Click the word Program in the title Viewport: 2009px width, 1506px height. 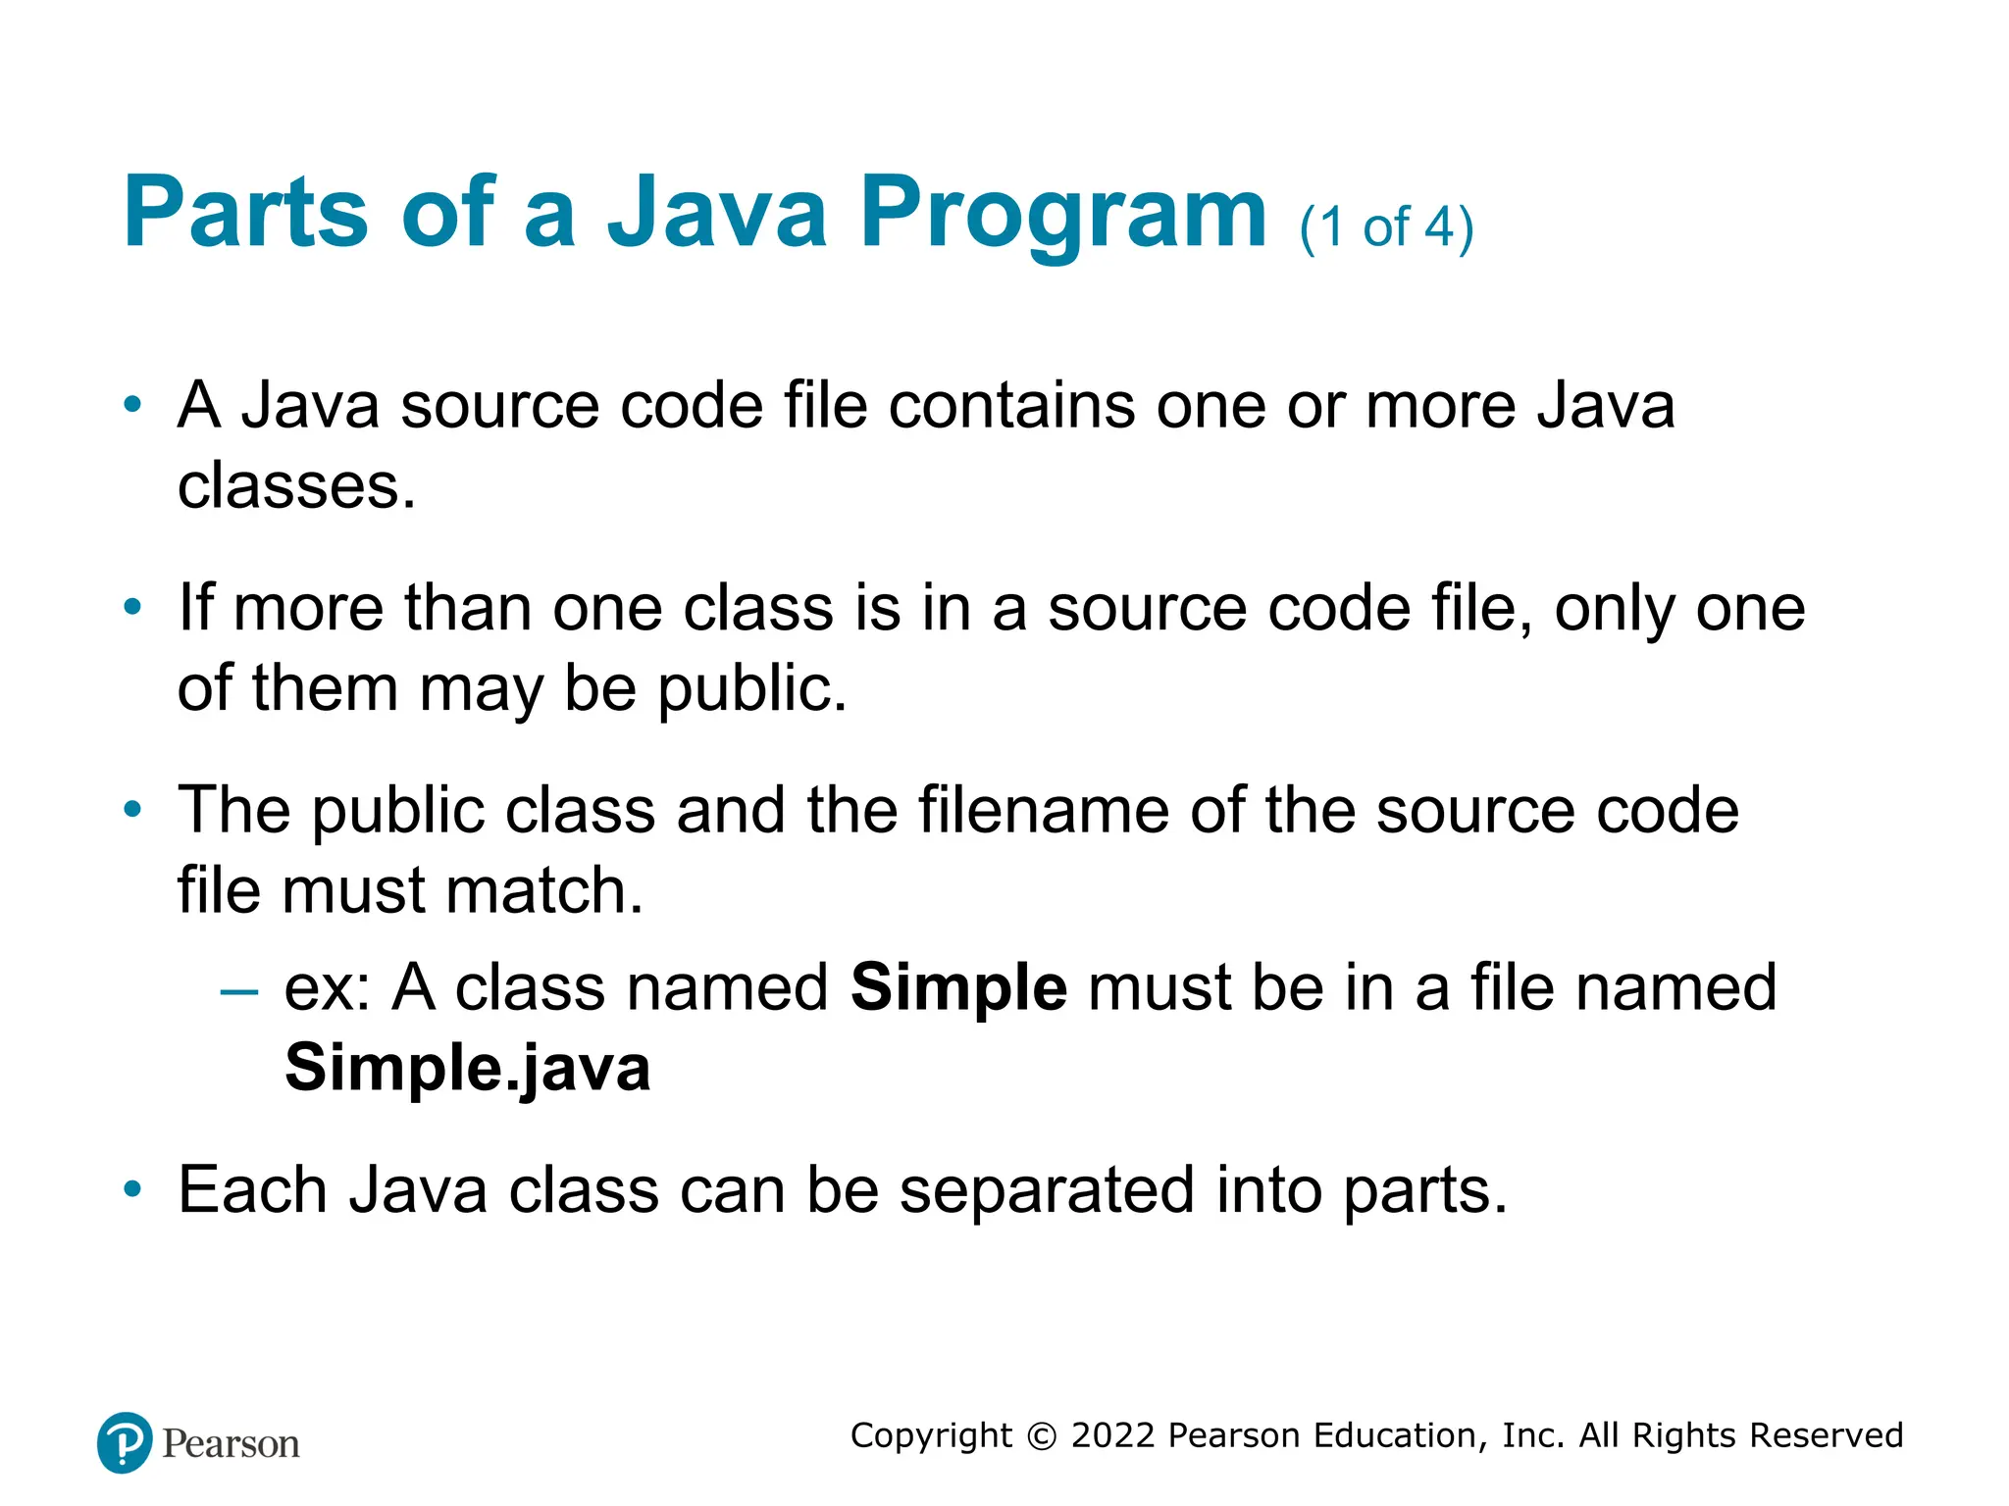point(1063,214)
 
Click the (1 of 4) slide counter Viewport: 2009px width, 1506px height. point(1386,227)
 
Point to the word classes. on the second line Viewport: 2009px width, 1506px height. point(296,486)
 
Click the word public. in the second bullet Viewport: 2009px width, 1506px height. point(751,688)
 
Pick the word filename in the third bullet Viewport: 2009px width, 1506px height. point(1043,811)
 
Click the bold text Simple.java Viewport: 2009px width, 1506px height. point(467,1068)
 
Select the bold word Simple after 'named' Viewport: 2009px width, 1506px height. point(958,987)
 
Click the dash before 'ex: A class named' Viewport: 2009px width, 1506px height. point(239,991)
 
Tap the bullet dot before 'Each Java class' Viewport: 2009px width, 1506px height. point(132,1190)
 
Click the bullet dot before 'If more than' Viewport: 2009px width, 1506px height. point(132,608)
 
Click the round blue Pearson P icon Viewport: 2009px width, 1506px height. point(125,1442)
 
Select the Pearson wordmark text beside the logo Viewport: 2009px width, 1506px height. point(231,1444)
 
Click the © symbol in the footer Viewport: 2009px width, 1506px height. point(1042,1436)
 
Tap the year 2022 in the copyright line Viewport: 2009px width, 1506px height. point(1113,1435)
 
